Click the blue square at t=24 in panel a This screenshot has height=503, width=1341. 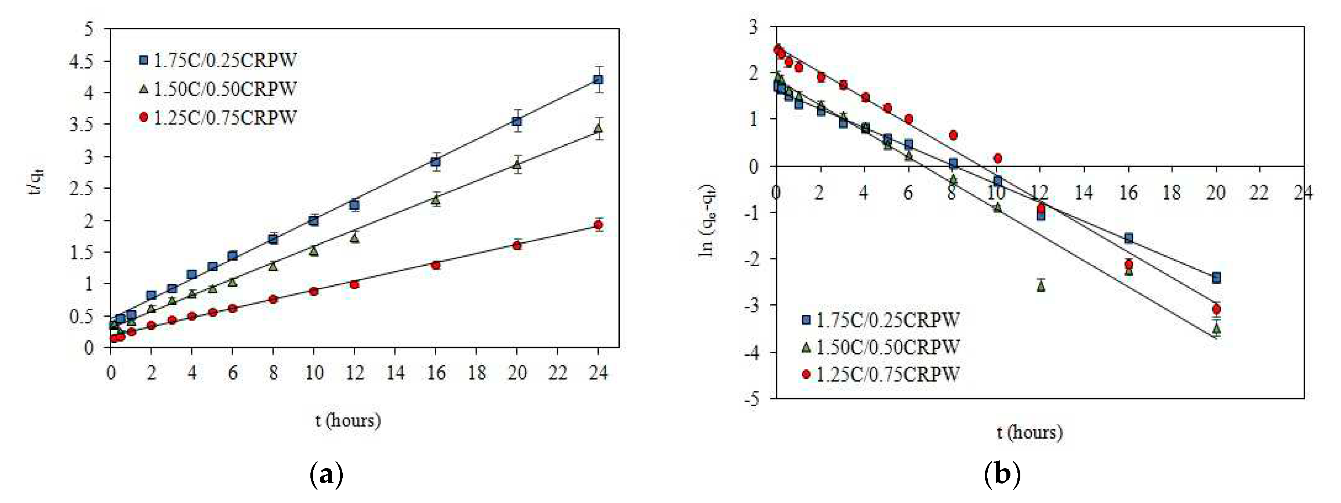point(598,80)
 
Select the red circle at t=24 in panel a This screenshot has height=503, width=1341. point(598,225)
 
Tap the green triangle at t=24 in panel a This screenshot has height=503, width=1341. point(598,127)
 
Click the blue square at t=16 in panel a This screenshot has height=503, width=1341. point(436,162)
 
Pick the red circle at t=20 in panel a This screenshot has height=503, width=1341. point(517,245)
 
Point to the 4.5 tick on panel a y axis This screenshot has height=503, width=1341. point(81,61)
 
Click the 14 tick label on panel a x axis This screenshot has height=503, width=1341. point(395,373)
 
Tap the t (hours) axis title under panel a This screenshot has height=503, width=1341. point(348,420)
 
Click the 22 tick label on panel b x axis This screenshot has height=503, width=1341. point(1260,193)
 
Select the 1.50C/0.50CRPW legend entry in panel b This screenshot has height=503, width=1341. point(887,347)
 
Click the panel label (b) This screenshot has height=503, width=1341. point(1002,474)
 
